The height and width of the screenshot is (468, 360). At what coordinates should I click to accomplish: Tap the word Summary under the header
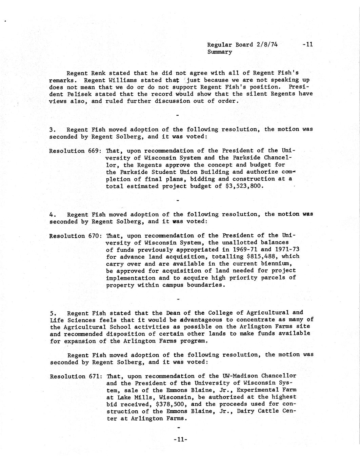(x=219, y=52)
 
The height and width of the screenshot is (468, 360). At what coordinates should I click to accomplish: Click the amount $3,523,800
(x=244, y=186)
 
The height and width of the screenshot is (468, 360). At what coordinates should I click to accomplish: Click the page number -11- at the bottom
(x=180, y=440)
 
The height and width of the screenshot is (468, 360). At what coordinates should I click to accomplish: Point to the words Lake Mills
(x=131, y=397)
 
